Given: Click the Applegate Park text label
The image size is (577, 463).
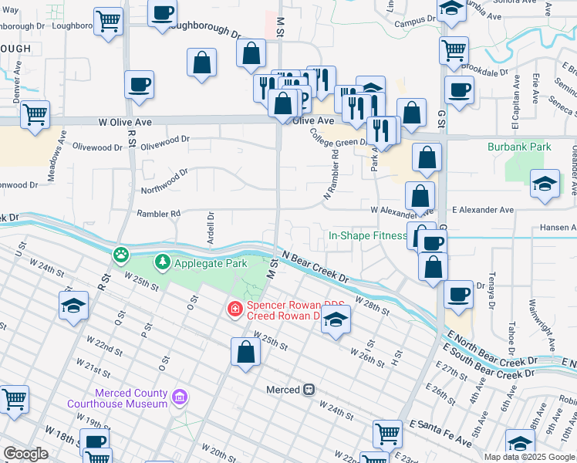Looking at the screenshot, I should (210, 263).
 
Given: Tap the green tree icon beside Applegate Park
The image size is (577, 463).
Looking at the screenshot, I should (163, 263).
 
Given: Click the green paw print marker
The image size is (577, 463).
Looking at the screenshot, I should (121, 254).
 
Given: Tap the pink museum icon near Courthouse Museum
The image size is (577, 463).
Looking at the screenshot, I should (180, 398).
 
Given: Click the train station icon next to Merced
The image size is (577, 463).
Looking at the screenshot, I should (309, 390).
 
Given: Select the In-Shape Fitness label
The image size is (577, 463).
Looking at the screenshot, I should (367, 235).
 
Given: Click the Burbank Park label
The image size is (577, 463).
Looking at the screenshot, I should (518, 146).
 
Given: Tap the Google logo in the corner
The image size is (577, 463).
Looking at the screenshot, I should (25, 453).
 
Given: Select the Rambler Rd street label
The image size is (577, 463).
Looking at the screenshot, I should (158, 213).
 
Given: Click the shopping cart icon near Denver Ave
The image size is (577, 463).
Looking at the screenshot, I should (35, 115).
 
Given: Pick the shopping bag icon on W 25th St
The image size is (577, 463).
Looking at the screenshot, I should (245, 353).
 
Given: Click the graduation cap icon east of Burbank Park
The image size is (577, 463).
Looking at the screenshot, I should (545, 184).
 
